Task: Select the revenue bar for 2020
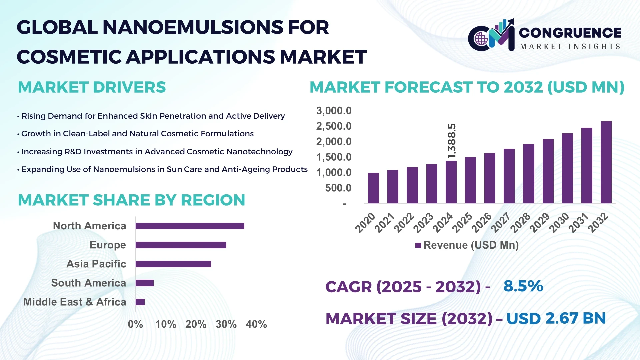point(373,188)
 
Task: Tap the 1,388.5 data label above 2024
point(451,141)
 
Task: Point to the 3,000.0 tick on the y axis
point(334,111)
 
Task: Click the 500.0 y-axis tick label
point(338,188)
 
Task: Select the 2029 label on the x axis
point(540,223)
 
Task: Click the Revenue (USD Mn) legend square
point(418,245)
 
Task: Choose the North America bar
point(190,226)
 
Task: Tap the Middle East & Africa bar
point(140,302)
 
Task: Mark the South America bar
point(145,283)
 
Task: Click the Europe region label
point(108,245)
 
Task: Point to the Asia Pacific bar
point(173,264)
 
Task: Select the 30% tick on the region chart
point(226,324)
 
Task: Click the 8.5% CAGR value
point(523,286)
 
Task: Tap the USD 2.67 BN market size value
point(556,318)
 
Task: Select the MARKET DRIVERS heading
point(92,87)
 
